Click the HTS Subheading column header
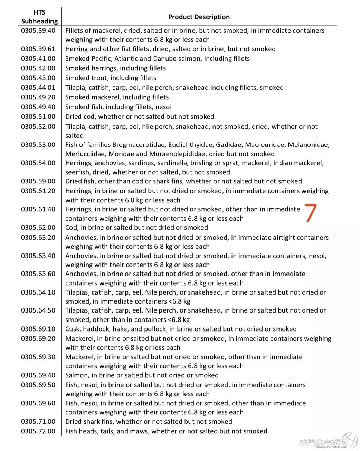point(39,17)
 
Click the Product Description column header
point(199,17)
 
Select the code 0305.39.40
point(38,30)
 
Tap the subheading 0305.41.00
point(38,58)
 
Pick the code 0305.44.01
point(38,87)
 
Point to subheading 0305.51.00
point(38,116)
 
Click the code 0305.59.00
point(38,181)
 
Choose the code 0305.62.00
point(38,227)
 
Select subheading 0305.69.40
point(38,375)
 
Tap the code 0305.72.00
point(38,431)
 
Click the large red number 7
point(310,213)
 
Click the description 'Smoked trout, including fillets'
point(111,78)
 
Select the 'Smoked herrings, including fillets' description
point(115,68)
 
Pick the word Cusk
point(73,329)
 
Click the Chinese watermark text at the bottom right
point(323,442)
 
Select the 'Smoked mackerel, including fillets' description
point(117,97)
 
